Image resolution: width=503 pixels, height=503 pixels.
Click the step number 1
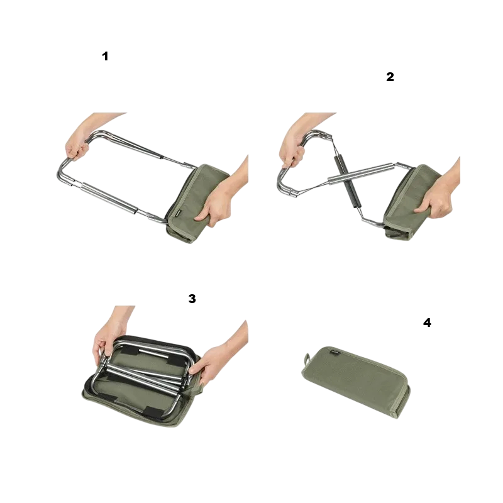click(x=105, y=56)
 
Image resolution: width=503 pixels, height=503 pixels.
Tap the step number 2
click(x=390, y=77)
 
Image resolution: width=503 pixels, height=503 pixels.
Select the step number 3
click(x=192, y=299)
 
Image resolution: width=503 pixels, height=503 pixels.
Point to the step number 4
click(x=427, y=323)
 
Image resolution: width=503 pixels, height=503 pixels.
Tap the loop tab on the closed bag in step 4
click(x=306, y=358)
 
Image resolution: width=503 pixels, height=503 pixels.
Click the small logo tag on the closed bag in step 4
click(x=335, y=352)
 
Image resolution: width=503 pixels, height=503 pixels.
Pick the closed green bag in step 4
click(x=356, y=382)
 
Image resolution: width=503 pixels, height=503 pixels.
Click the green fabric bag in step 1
click(x=197, y=204)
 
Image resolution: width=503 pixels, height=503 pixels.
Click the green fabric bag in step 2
click(x=414, y=202)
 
